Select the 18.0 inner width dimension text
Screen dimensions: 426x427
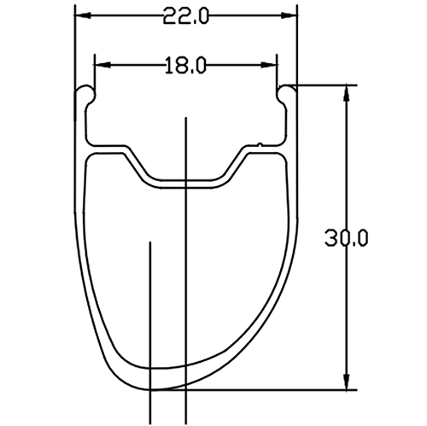(186, 65)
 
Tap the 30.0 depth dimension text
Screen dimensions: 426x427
(345, 240)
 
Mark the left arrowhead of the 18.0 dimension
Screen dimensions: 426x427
(101, 65)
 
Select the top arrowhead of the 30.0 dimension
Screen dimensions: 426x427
(346, 92)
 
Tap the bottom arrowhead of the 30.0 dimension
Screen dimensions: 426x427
(346, 382)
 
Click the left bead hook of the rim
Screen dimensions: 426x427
(86, 91)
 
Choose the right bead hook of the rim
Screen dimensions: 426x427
(287, 90)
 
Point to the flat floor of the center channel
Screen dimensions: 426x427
(186, 180)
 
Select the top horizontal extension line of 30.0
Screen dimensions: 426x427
(325, 85)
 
